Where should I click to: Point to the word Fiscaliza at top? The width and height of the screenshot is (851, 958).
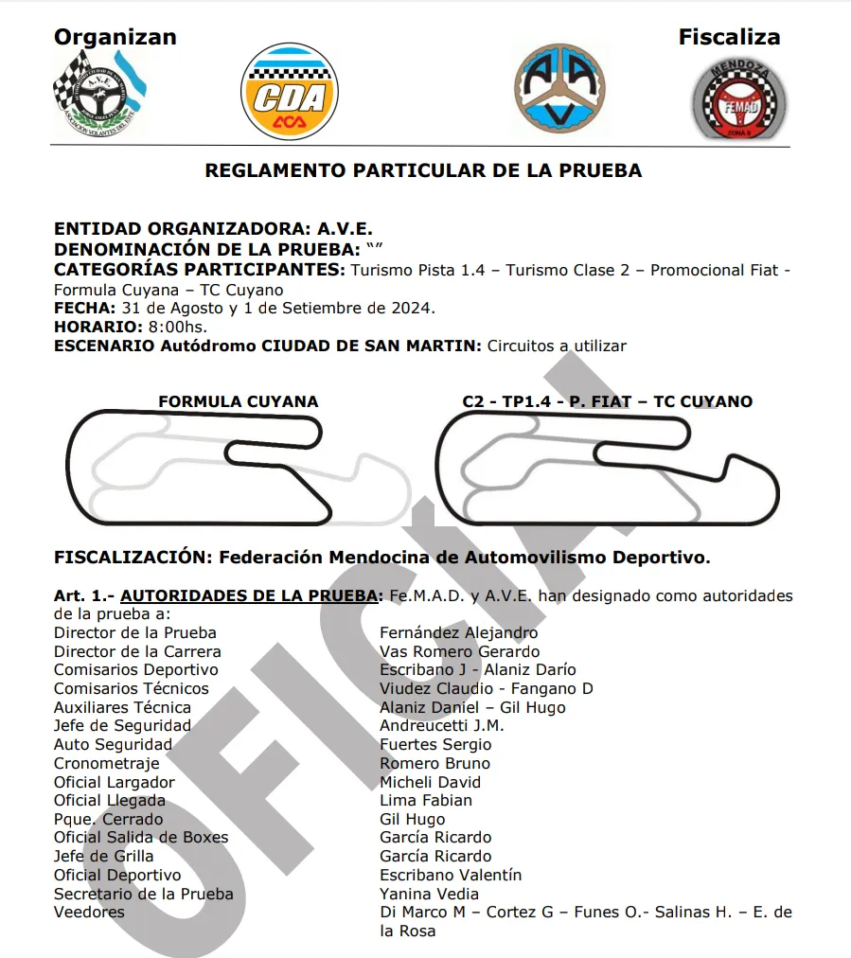[729, 38]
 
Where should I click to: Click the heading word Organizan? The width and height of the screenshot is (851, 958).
[115, 38]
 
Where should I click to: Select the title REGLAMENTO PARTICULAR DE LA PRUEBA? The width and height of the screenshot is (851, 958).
[423, 171]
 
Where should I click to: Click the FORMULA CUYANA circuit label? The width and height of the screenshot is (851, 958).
[239, 401]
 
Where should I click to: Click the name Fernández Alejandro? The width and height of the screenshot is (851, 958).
[458, 632]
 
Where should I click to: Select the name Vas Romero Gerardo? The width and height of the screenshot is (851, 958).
[459, 651]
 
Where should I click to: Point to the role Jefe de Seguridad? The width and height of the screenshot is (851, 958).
[122, 726]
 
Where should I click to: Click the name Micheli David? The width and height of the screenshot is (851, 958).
[430, 782]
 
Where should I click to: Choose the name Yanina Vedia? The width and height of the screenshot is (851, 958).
[429, 894]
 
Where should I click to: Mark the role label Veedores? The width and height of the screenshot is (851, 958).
[89, 913]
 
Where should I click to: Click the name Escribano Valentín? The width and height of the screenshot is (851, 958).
[451, 875]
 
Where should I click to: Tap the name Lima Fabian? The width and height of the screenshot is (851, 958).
[425, 800]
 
